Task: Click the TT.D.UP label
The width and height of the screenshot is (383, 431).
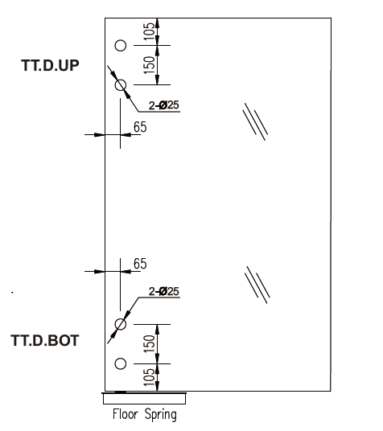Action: click(50, 65)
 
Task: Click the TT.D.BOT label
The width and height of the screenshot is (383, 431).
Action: click(45, 340)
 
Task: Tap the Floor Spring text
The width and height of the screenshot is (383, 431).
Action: click(145, 414)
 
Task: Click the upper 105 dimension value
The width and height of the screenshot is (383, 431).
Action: click(150, 31)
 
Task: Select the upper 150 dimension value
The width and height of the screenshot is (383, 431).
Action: click(150, 65)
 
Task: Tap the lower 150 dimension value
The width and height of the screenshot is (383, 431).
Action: click(150, 343)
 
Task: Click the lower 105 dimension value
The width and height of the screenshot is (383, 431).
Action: click(150, 377)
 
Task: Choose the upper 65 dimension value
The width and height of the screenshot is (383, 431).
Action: click(140, 127)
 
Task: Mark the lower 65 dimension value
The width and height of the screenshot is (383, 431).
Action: click(140, 264)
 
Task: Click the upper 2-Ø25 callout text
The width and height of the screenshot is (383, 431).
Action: click(164, 105)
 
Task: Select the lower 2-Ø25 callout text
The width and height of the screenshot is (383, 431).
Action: click(164, 291)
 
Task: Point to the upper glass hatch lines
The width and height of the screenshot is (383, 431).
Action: click(255, 121)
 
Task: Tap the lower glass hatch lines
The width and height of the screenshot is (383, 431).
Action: click(257, 285)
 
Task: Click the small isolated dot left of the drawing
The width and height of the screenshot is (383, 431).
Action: click(12, 293)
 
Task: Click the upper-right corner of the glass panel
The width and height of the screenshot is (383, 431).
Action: click(331, 18)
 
